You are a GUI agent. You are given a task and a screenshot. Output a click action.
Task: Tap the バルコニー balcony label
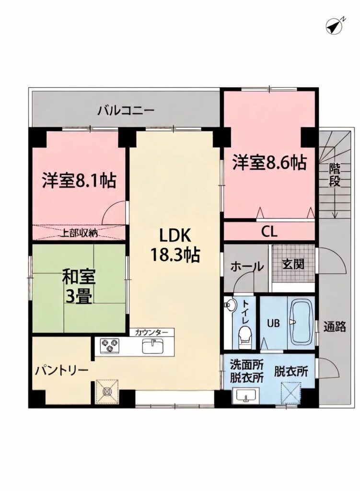click(x=126, y=111)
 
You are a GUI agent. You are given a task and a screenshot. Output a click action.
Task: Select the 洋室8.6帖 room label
click(x=269, y=163)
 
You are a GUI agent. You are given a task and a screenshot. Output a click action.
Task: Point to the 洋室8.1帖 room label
click(x=79, y=180)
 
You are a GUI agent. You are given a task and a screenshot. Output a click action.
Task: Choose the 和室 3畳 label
click(x=79, y=287)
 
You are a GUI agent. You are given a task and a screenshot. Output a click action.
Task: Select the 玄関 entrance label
click(x=293, y=265)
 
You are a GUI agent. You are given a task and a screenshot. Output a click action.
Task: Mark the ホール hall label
click(x=247, y=267)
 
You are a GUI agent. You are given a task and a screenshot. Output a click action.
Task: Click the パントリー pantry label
click(x=61, y=371)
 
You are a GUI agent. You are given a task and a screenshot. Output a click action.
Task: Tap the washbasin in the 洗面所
click(x=246, y=395)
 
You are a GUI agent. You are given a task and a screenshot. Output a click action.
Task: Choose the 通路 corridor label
click(x=335, y=327)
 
